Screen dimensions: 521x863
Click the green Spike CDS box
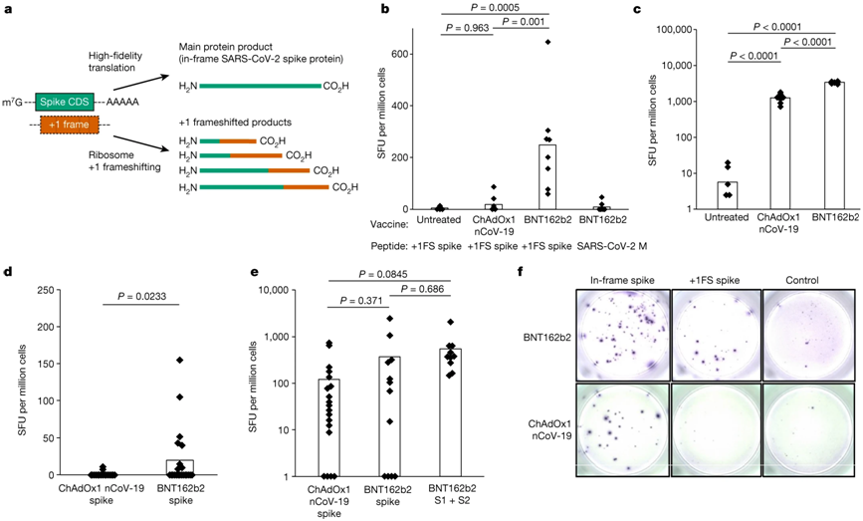pos(65,101)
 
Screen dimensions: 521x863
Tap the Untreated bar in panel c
pos(729,194)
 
